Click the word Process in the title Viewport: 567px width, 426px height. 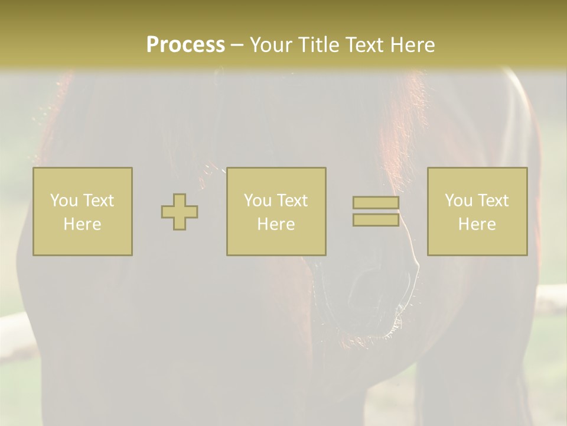point(185,45)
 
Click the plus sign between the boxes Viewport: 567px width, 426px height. point(180,212)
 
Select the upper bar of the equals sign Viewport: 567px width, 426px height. point(376,203)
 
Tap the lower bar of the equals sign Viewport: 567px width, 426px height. point(376,220)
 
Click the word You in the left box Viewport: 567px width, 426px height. point(63,201)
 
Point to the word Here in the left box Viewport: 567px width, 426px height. point(83,224)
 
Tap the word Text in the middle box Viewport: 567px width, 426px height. point(292,201)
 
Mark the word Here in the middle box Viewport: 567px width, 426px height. point(276,224)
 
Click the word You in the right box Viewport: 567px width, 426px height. point(458,201)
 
